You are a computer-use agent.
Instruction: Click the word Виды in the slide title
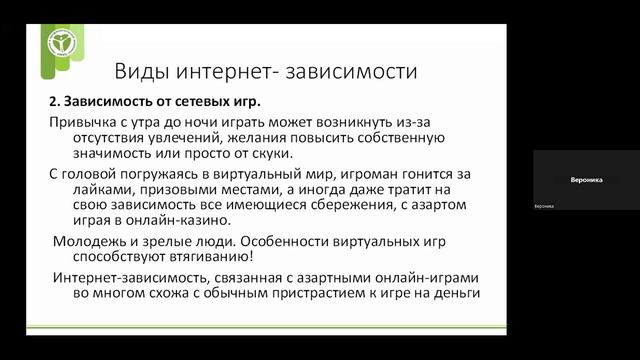click(140, 72)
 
